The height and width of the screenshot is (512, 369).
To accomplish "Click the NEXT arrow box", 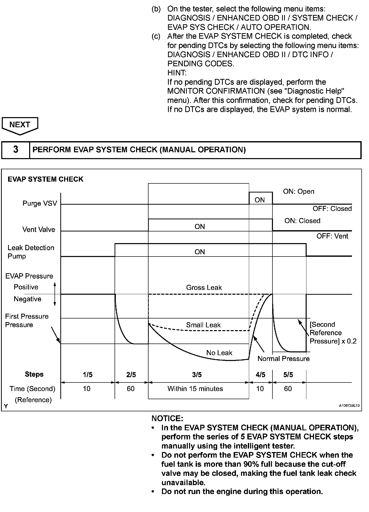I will [x=20, y=125].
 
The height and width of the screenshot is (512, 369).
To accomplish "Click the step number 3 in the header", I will [x=16, y=150].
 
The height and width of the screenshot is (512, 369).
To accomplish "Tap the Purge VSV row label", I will [x=40, y=203].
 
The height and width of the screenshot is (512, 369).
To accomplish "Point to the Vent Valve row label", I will [x=39, y=229].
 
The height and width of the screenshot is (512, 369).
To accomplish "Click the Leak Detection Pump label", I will [x=31, y=252].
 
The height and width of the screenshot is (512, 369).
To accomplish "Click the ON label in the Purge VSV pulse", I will [x=260, y=200].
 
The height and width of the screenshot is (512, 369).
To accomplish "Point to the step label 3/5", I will [x=197, y=375].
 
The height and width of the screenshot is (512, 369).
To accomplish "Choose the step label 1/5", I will [x=87, y=375].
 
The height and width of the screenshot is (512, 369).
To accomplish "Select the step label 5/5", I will [x=288, y=375].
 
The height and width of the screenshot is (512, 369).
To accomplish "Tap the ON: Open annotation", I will [x=299, y=191].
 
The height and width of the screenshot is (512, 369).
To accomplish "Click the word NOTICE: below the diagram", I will [x=167, y=418].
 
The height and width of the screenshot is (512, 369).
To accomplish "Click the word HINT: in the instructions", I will [x=177, y=73].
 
